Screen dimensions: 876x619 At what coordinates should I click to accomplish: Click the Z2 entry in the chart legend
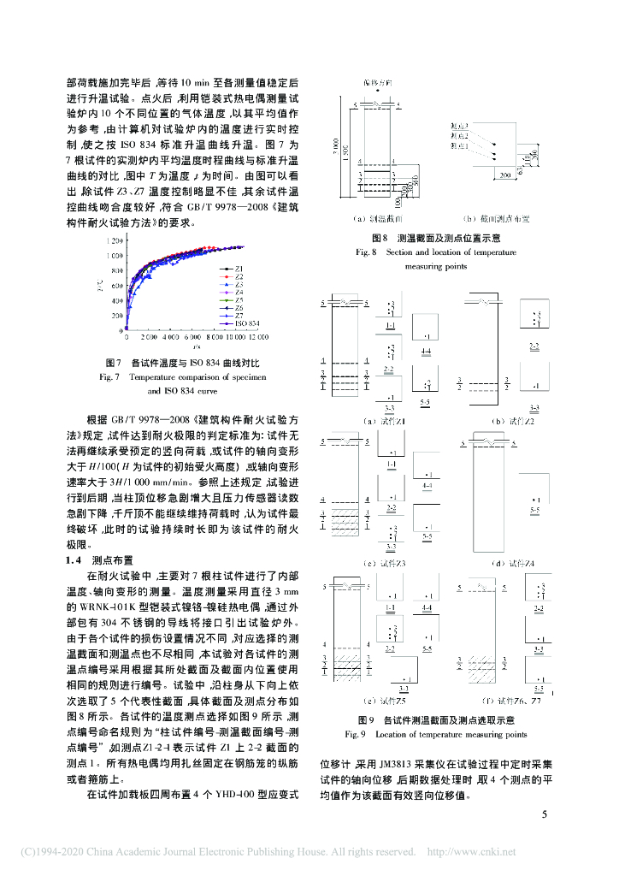pyautogui.click(x=240, y=277)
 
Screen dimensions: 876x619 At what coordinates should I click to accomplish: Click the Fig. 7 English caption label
pyautogui.click(x=115, y=376)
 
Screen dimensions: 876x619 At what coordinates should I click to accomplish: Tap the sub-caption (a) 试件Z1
pyautogui.click(x=386, y=421)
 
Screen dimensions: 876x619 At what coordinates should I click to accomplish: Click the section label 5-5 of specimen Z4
pyautogui.click(x=534, y=510)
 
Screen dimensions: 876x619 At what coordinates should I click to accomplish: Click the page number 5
pyautogui.click(x=544, y=813)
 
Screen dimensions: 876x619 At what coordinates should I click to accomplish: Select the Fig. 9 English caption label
pyautogui.click(x=356, y=734)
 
